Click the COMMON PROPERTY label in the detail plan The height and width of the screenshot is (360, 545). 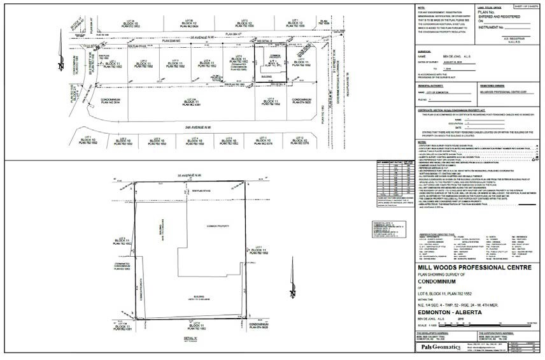click(216, 226)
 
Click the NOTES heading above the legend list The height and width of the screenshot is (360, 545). click(421, 141)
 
